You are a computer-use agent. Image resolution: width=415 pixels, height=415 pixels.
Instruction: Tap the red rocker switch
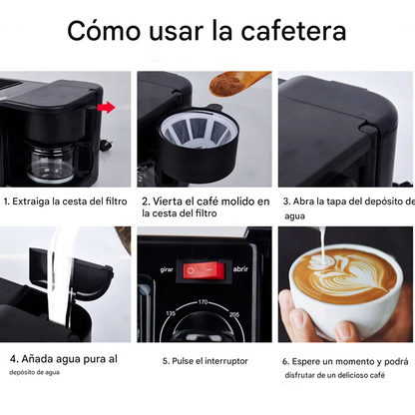click(205, 269)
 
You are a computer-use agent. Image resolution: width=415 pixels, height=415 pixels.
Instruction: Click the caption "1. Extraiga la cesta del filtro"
click(67, 202)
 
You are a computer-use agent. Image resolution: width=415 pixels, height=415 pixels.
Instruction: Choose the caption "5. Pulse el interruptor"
click(204, 360)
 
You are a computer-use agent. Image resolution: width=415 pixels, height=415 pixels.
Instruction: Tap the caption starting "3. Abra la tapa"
click(345, 207)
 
